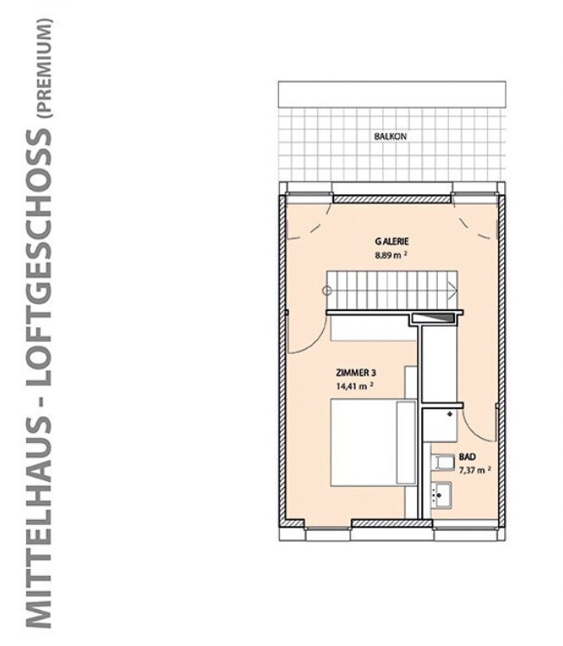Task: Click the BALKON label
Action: coord(390,136)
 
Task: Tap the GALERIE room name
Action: coord(390,242)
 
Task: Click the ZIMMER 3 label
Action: coord(355,372)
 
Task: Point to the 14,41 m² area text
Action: coord(355,386)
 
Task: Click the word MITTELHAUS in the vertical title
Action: coord(39,517)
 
